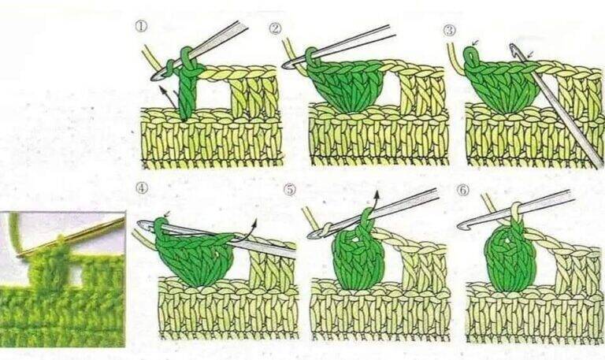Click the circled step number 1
pos(141,26)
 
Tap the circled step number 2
pos(275,28)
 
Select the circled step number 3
pos(450,30)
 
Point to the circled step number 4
pos(142,187)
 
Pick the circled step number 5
pos(289,190)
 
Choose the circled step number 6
pos(462,190)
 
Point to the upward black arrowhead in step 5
pos(377,194)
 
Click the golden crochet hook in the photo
pos(72,237)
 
